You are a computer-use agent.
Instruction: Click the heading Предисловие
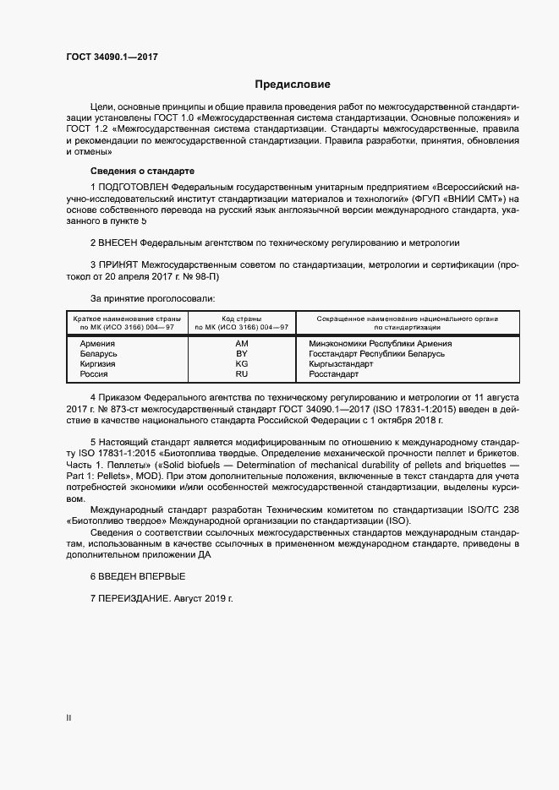point(293,84)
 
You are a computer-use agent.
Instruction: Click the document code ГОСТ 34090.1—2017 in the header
point(112,57)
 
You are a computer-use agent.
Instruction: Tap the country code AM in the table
point(242,344)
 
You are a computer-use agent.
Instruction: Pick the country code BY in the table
point(242,354)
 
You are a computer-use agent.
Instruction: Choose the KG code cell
point(242,363)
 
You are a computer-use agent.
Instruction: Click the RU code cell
point(242,373)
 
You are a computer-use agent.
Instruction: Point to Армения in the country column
point(97,344)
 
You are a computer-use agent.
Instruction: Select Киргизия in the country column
point(98,363)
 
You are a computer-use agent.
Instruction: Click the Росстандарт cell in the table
point(334,373)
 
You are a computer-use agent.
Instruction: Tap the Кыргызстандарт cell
point(341,363)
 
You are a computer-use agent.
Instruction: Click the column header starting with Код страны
point(242,322)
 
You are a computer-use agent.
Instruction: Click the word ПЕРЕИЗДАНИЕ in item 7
point(134,597)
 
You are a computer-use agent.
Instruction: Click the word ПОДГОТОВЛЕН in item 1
point(134,185)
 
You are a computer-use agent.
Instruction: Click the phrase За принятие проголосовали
point(152,298)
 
